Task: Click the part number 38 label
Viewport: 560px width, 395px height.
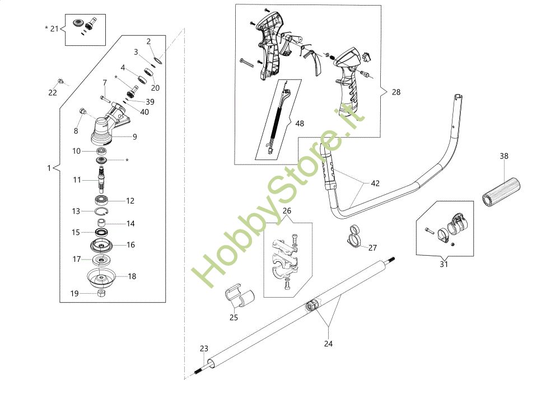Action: (504, 156)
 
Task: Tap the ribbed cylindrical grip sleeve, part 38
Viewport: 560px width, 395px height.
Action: (501, 192)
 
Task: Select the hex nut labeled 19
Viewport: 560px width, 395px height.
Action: (101, 293)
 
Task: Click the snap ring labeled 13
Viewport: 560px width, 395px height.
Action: (101, 211)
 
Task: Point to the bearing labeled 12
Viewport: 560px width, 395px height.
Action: (102, 200)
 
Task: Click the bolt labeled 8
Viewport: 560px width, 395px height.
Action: (83, 111)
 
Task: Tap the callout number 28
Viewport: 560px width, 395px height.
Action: (396, 92)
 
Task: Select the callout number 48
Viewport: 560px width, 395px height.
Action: (300, 124)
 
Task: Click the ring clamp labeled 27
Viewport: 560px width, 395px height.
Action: (353, 236)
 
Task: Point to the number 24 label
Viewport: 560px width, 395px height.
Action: (328, 344)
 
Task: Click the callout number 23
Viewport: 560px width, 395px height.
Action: (204, 349)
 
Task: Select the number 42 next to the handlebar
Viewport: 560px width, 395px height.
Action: (375, 184)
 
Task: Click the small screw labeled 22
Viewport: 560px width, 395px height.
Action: (60, 81)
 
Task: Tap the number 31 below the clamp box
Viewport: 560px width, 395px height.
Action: (444, 265)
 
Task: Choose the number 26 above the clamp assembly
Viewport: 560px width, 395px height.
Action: (287, 211)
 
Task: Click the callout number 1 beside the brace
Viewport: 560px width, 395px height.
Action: (49, 168)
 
